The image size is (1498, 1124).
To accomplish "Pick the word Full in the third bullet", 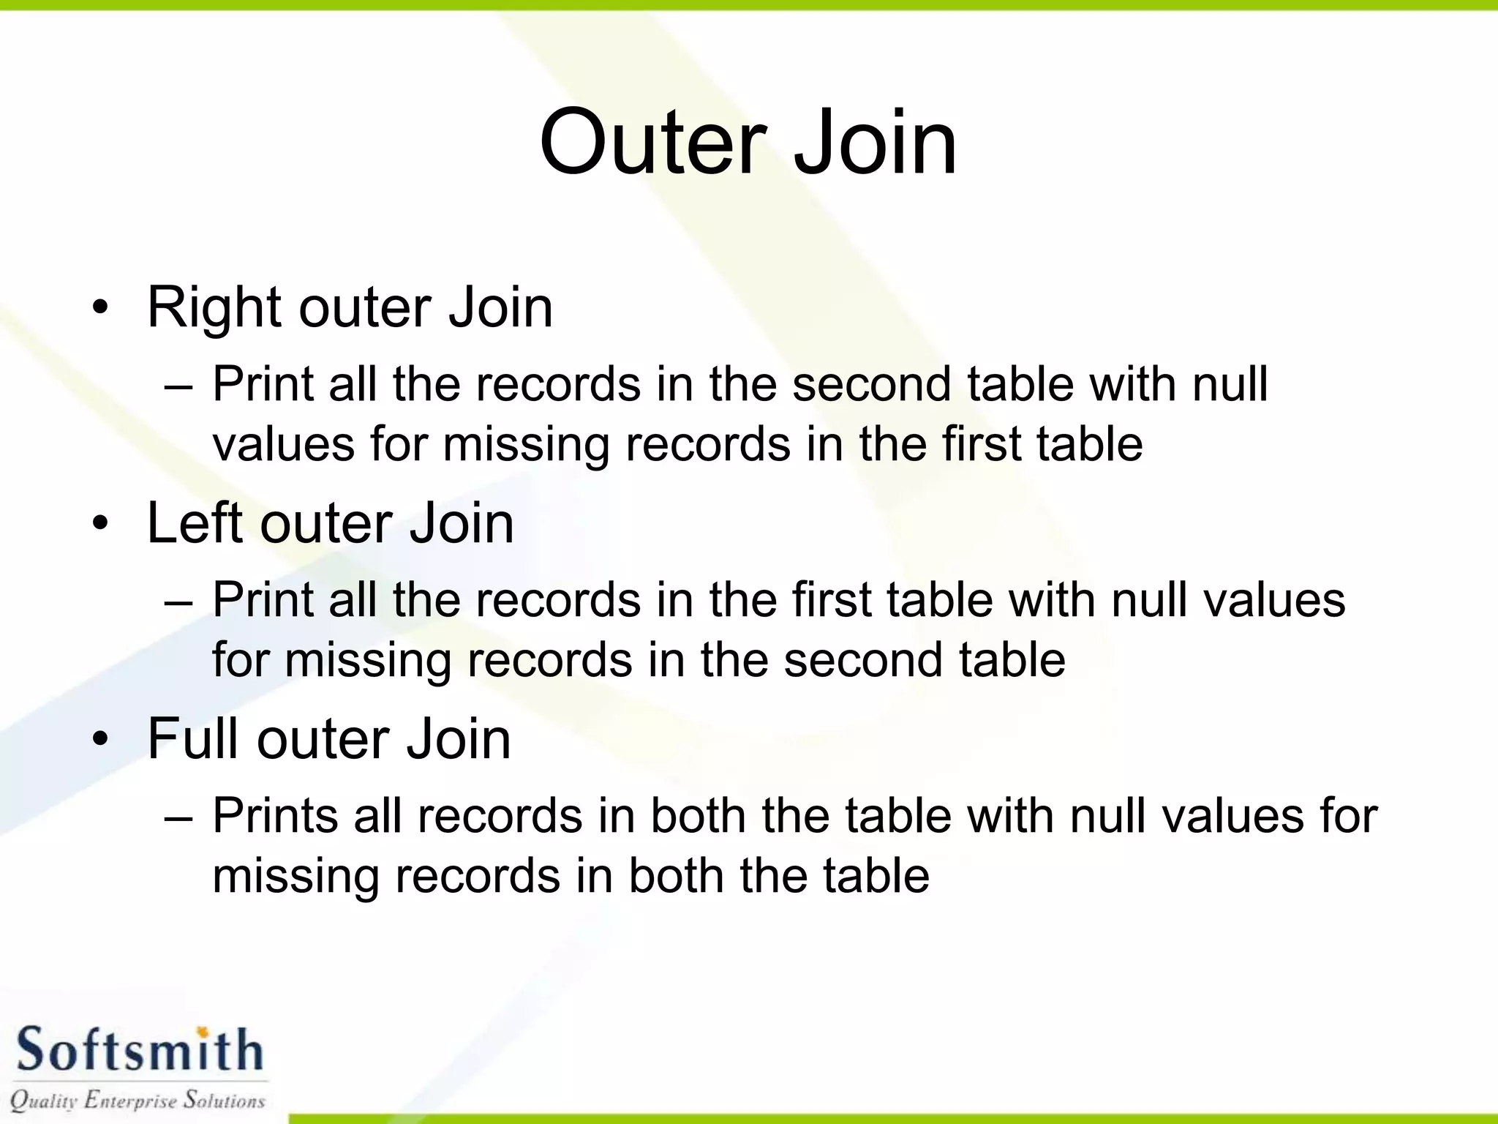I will tap(194, 739).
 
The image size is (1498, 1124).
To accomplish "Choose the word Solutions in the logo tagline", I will tap(224, 1100).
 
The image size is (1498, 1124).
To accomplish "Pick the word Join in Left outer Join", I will tap(461, 524).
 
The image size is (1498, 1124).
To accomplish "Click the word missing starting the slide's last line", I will tap(296, 877).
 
